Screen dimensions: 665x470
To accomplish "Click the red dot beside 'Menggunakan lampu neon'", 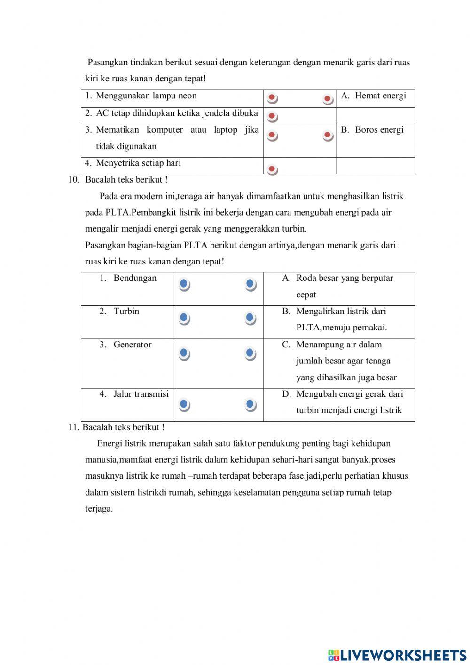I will [x=272, y=98].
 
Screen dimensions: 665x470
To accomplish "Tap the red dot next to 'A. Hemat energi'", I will [x=328, y=99].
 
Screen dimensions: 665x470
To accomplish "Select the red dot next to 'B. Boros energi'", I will [x=328, y=136].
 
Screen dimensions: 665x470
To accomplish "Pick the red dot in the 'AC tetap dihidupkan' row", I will [x=272, y=116].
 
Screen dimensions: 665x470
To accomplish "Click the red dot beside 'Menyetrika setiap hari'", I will [x=272, y=169].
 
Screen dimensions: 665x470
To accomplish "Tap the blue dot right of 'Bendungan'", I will [x=184, y=284].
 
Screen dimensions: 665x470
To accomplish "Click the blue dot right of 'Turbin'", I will [x=184, y=318].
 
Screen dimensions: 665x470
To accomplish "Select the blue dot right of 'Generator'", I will [x=184, y=353].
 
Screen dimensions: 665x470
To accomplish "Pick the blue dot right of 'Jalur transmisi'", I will [x=184, y=404].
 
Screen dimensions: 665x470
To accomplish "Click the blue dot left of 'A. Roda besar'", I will [x=251, y=284].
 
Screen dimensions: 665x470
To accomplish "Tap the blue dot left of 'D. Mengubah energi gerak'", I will [x=251, y=404].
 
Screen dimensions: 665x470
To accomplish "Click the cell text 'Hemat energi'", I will [x=380, y=96].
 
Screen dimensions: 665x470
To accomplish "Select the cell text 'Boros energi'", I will [x=379, y=130].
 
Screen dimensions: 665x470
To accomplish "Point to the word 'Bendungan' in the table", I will [x=135, y=278].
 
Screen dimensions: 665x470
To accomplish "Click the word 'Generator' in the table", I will [x=132, y=345].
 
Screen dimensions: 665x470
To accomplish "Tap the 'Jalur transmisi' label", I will [x=141, y=394].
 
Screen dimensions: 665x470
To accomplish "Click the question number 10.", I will [x=74, y=180].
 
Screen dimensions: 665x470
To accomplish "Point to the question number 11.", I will [x=73, y=427].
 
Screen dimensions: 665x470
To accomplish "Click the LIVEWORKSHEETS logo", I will [x=397, y=655].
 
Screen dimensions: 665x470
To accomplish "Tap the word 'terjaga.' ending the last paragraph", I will [x=99, y=509].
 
